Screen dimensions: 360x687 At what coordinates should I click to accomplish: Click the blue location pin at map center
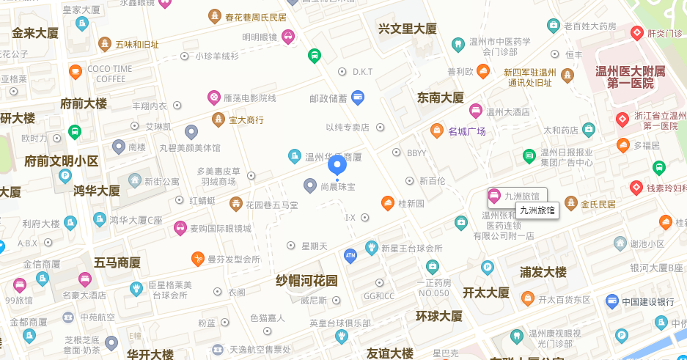coord(337,166)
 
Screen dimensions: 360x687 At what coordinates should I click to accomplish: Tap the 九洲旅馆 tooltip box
coord(537,210)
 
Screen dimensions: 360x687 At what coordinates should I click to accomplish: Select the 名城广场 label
coord(468,132)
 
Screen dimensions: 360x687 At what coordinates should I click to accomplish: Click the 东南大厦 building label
coord(441,98)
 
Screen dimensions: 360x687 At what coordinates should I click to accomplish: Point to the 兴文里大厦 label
coord(407,29)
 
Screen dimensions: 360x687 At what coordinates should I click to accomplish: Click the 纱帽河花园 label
coord(306,280)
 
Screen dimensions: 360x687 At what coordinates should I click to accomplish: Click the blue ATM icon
coord(350,254)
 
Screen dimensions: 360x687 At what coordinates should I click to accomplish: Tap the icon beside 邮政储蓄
coord(358,96)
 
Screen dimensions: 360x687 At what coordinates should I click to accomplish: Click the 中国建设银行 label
coord(648,301)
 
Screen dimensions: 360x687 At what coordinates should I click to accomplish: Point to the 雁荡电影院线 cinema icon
coord(213,97)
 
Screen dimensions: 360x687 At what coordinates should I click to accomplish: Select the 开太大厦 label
coord(485,292)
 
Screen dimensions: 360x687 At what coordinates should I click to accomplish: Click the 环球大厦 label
coord(439,316)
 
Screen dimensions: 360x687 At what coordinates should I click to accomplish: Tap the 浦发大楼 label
coord(543,272)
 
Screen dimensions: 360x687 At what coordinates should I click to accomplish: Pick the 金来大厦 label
coord(35,33)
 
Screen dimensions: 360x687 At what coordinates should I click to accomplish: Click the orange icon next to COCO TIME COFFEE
coord(75,71)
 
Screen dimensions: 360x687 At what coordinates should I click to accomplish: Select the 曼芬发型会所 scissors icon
coord(198,259)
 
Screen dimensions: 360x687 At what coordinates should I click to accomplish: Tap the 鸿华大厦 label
coord(96,191)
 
